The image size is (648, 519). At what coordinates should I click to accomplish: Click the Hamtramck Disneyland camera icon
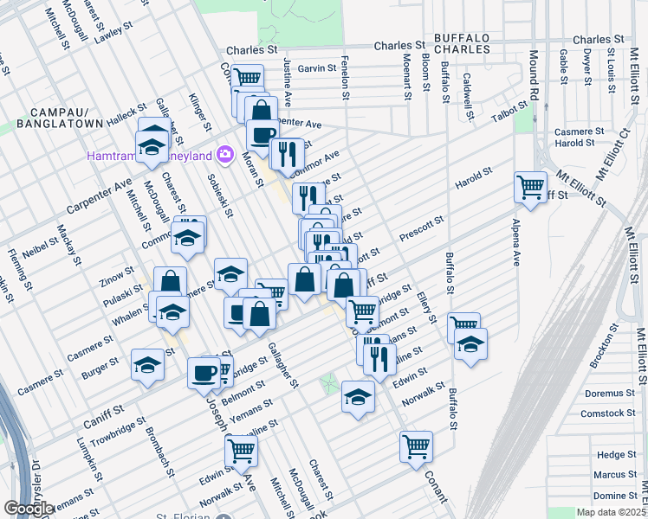pos(225,154)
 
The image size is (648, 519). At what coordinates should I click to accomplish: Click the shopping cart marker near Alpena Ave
pos(530,186)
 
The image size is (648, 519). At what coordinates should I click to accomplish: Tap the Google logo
pos(29,508)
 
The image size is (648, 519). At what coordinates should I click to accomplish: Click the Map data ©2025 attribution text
pos(610,512)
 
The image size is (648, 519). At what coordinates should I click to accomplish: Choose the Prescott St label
pos(421,230)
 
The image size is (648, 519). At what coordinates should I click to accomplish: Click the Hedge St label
pos(616,454)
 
